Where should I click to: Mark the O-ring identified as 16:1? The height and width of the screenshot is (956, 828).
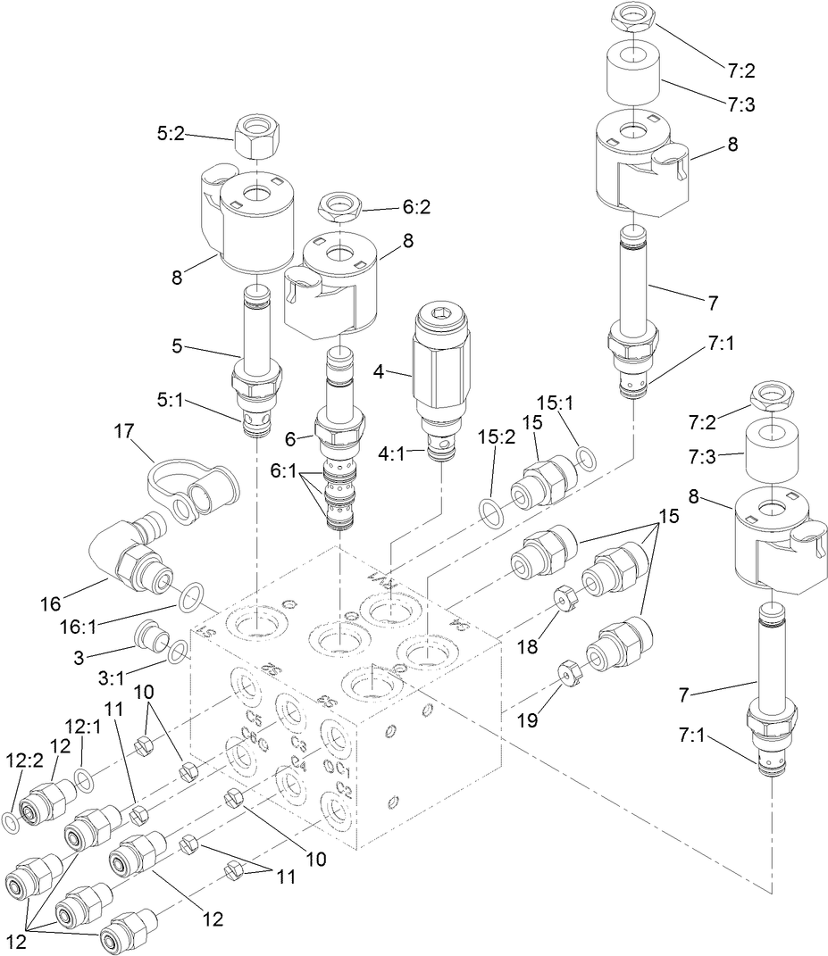[x=190, y=598]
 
